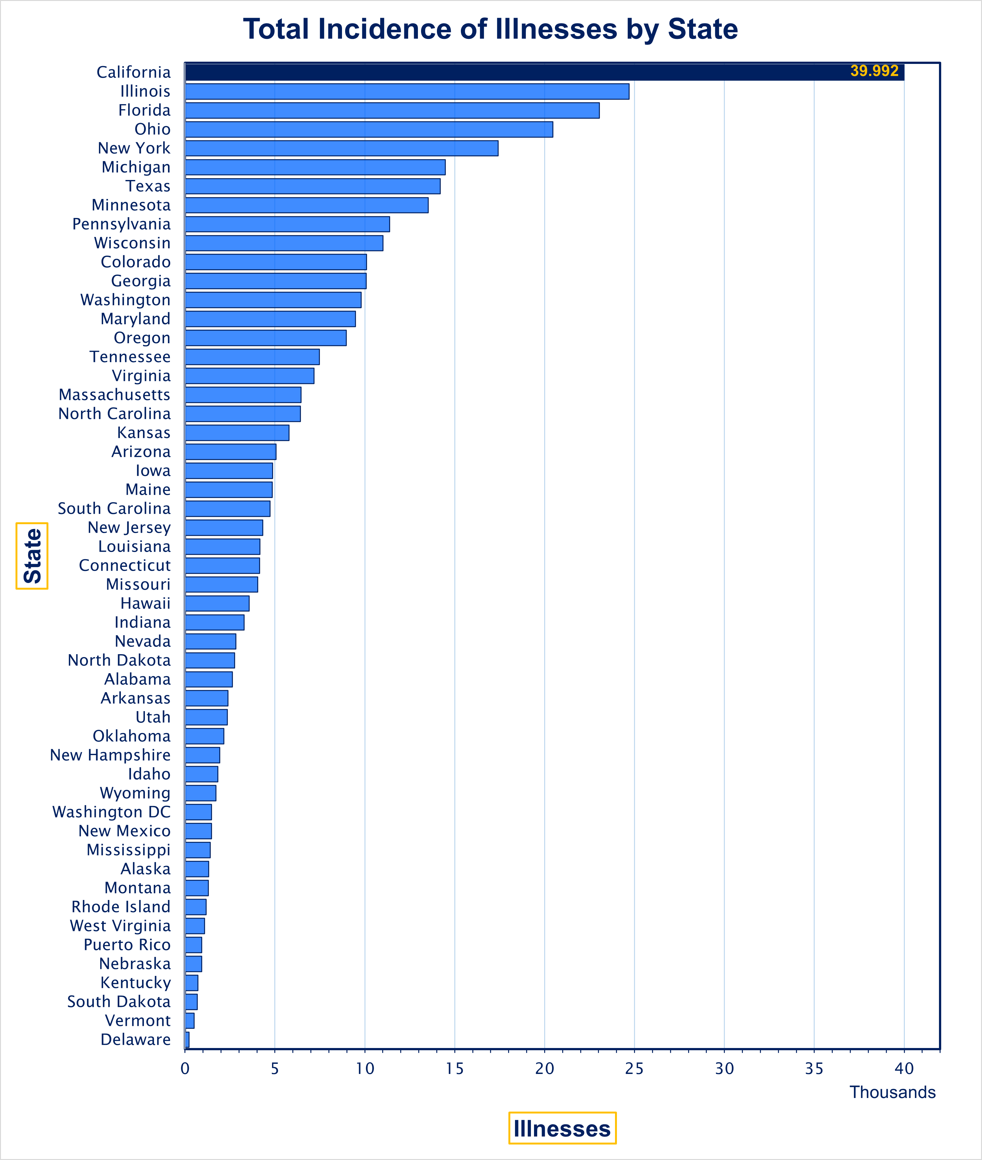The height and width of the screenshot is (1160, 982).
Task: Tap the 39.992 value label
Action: (874, 71)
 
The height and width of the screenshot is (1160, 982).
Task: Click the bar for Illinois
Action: (407, 91)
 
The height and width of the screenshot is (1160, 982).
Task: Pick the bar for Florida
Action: (392, 110)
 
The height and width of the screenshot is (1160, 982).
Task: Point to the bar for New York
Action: (341, 148)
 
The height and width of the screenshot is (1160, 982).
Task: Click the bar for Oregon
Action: (265, 338)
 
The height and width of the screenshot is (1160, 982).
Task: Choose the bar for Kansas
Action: (237, 432)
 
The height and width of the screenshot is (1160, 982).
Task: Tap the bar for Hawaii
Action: (217, 603)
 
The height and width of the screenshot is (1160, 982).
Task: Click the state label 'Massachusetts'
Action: (114, 395)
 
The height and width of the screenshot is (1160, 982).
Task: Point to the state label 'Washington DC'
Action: (111, 812)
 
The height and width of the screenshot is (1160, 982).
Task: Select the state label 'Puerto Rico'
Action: (127, 945)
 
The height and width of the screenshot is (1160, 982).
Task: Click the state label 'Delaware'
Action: (135, 1039)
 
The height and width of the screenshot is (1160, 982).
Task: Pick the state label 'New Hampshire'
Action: (110, 755)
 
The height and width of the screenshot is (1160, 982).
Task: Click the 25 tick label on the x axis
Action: (634, 1069)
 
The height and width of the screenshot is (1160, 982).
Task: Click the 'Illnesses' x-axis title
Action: (562, 1128)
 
